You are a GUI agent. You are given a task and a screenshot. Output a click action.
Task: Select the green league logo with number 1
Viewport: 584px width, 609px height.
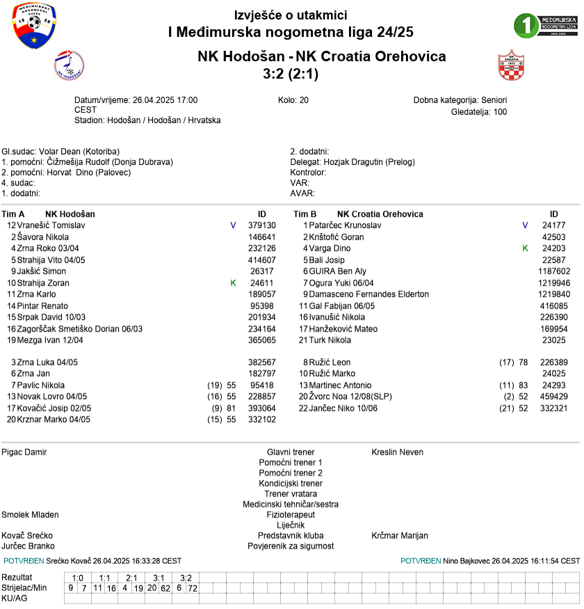tap(545, 25)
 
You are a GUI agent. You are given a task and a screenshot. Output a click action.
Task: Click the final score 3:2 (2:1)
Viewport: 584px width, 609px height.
tap(291, 74)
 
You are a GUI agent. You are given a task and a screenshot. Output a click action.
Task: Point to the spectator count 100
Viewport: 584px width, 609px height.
tap(500, 112)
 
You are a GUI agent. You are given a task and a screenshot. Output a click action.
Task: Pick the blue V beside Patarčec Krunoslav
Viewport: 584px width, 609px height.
tap(525, 226)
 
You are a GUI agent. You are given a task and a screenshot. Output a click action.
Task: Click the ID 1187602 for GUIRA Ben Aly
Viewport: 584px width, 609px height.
tap(553, 272)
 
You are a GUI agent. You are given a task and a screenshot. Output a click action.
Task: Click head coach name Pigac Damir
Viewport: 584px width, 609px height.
tap(24, 453)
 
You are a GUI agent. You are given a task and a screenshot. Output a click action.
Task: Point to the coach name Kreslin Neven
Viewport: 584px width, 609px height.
tap(397, 453)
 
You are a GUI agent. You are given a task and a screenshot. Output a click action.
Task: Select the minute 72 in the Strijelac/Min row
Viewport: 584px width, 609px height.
tap(193, 589)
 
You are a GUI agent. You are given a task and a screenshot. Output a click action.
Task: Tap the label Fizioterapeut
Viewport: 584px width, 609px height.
tap(291, 515)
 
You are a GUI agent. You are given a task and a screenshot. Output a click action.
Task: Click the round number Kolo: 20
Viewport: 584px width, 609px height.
tap(293, 100)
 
